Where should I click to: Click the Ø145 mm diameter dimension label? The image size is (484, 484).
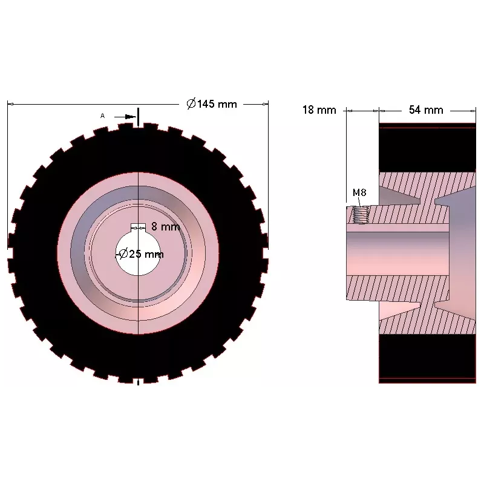[x=212, y=103]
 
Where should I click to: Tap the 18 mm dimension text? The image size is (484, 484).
[x=319, y=110]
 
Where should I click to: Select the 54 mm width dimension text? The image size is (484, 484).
[x=426, y=110]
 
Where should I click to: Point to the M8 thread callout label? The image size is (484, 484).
[x=359, y=192]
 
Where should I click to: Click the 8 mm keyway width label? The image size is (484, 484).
[x=165, y=226]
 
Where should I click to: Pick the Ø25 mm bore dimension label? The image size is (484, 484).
[x=141, y=254]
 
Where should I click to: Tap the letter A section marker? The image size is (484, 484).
[x=102, y=116]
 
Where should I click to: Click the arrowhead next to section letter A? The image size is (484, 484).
[x=131, y=117]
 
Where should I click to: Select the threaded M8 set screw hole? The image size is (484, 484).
[x=361, y=215]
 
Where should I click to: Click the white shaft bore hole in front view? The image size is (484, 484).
[x=138, y=253]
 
